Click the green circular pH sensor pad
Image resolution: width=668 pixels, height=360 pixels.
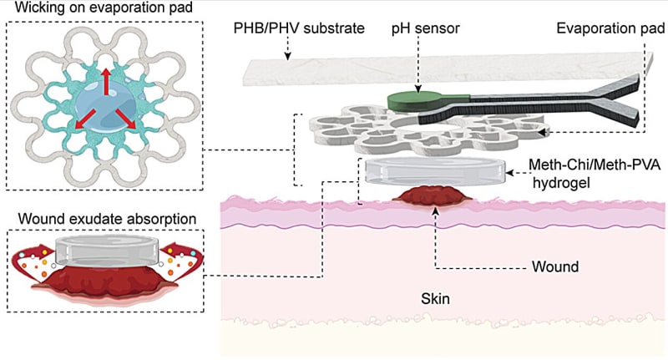[412, 101]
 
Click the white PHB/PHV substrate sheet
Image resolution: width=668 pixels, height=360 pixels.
[434, 67]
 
